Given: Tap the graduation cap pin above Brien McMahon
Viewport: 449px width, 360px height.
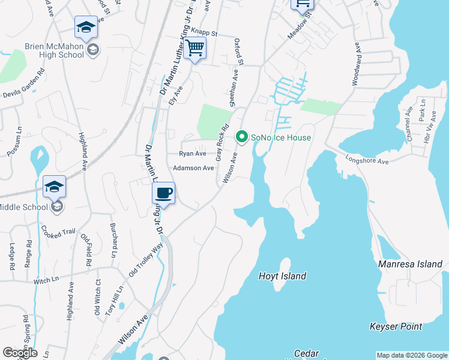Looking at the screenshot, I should coord(86,27).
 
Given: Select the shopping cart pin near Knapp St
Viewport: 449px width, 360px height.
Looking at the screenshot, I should coord(195,47).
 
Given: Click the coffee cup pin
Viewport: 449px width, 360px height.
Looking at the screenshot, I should coord(163,193).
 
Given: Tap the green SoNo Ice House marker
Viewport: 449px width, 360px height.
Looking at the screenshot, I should coord(242,137).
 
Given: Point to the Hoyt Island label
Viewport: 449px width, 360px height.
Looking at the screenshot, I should coord(282,276).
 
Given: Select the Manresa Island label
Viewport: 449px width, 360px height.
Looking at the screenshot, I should coord(410,264).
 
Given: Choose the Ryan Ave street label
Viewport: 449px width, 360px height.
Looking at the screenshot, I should coord(193,154).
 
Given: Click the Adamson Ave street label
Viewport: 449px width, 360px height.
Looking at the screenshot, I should coord(193,168).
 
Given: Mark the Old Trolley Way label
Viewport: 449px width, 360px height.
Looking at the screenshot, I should coord(146,259).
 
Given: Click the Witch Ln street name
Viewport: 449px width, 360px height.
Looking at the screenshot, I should coord(45,280).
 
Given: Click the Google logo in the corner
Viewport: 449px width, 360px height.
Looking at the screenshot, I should coord(19,353).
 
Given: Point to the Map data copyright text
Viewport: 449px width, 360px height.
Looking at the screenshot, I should coord(412,355).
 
